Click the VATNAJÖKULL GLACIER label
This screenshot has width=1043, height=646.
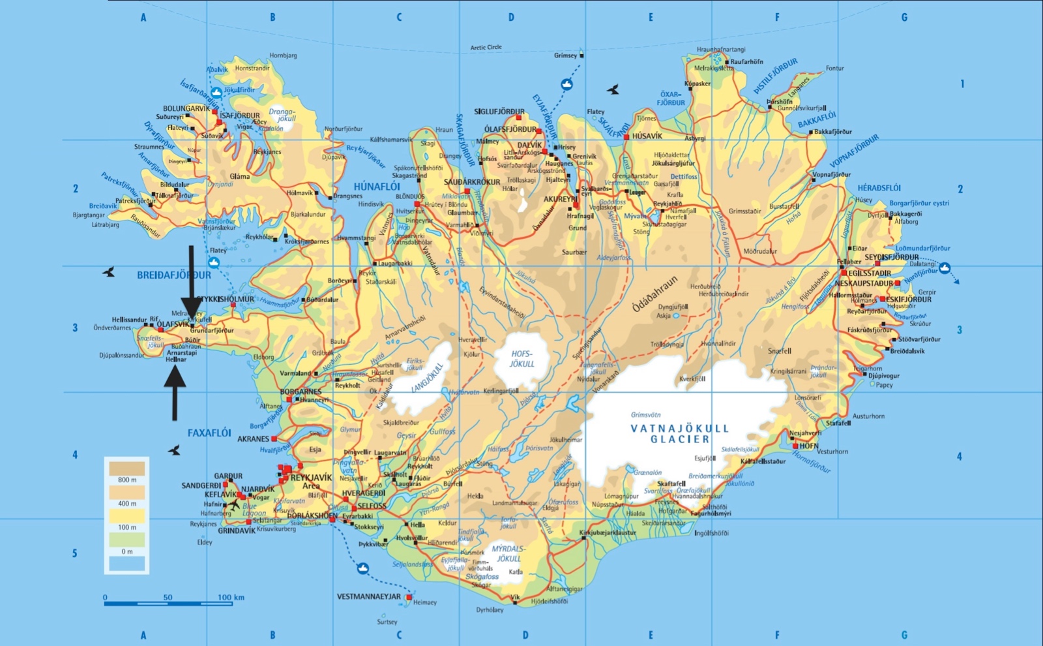pos(679,434)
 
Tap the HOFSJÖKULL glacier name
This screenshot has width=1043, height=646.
pos(521,359)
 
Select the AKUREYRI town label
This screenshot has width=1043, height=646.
pos(560,199)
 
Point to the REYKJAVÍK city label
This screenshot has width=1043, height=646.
pos(311,478)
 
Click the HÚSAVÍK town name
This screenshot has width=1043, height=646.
pos(647,136)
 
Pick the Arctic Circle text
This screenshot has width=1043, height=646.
pos(486,47)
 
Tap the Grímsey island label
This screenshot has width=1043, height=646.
pos(565,55)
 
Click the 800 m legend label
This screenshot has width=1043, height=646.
pos(127,480)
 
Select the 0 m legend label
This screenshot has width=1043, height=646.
pos(127,551)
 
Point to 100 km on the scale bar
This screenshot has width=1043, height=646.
pos(231,597)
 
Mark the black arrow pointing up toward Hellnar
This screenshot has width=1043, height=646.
pos(175,392)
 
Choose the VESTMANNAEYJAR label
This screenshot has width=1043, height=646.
pos(368,596)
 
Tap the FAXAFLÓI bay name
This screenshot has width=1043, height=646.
pos(209,433)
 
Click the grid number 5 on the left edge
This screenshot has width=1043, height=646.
pos(75,553)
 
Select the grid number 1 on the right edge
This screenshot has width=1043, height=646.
pos(962,84)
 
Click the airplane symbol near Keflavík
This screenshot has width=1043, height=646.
pos(234,504)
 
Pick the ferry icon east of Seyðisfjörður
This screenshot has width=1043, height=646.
pos(944,268)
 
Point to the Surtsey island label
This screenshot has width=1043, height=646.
pos(387,622)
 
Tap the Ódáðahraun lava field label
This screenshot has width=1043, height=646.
pos(654,294)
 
